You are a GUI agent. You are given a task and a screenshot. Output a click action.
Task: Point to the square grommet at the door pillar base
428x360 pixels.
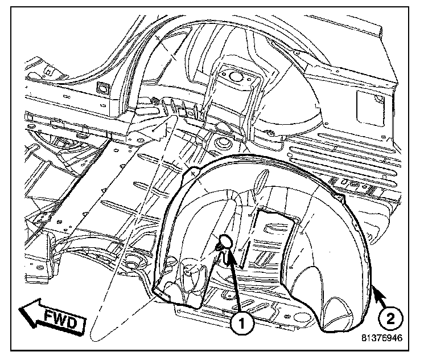pos(104,88)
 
